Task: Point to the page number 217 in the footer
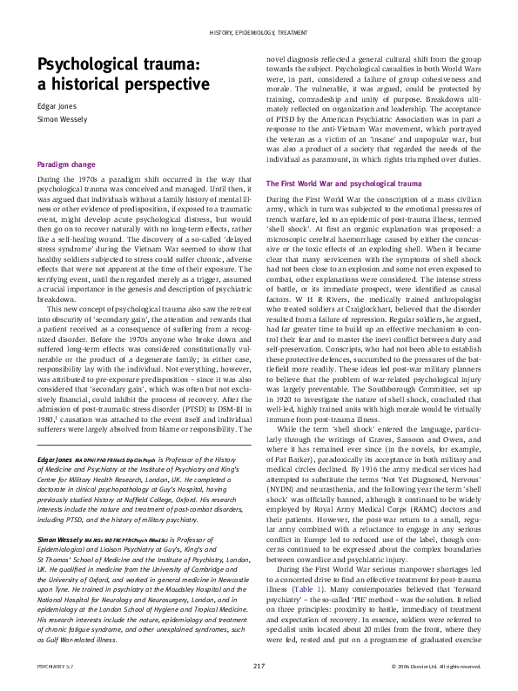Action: (x=259, y=667)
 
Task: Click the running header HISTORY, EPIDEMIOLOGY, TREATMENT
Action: (x=259, y=33)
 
